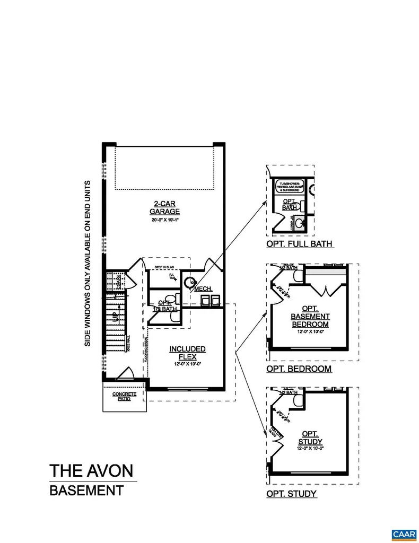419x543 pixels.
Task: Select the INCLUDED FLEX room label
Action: point(187,353)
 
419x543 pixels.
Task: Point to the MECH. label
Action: point(204,289)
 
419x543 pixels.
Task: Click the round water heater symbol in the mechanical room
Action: point(190,282)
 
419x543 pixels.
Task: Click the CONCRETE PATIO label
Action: point(124,396)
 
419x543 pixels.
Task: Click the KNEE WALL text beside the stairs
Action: point(128,343)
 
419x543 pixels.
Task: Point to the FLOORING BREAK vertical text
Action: point(145,351)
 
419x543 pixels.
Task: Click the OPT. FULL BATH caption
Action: point(300,244)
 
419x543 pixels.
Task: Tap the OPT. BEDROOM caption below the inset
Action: point(299,369)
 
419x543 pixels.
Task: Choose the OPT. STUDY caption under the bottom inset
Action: point(292,494)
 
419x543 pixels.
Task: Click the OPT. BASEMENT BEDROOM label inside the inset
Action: point(310,316)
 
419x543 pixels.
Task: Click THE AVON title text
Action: point(91,470)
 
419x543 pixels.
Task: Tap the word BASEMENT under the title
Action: point(86,491)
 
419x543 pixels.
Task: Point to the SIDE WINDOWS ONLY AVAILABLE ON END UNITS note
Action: point(88,264)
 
